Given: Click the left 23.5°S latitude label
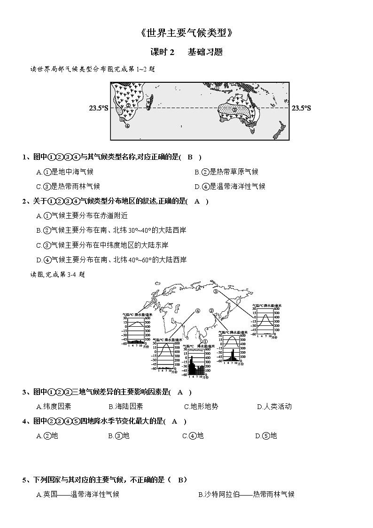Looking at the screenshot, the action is coord(99,108).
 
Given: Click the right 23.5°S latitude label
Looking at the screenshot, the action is coord(301,108).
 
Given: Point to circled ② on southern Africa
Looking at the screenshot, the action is coord(128,105).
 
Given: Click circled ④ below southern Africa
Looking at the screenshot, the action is coord(127,126).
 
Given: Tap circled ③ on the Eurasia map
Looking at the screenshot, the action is coord(216,292).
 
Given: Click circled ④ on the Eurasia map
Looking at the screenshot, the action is coord(198,311).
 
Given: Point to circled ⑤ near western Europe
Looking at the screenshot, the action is coord(154,303).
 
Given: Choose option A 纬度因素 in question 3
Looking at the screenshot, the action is coord(54,407).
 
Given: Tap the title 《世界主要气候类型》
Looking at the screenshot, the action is coord(186,33).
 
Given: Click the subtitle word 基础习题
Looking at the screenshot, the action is coord(205,52).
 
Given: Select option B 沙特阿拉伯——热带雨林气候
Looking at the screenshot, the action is coord(247,494).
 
